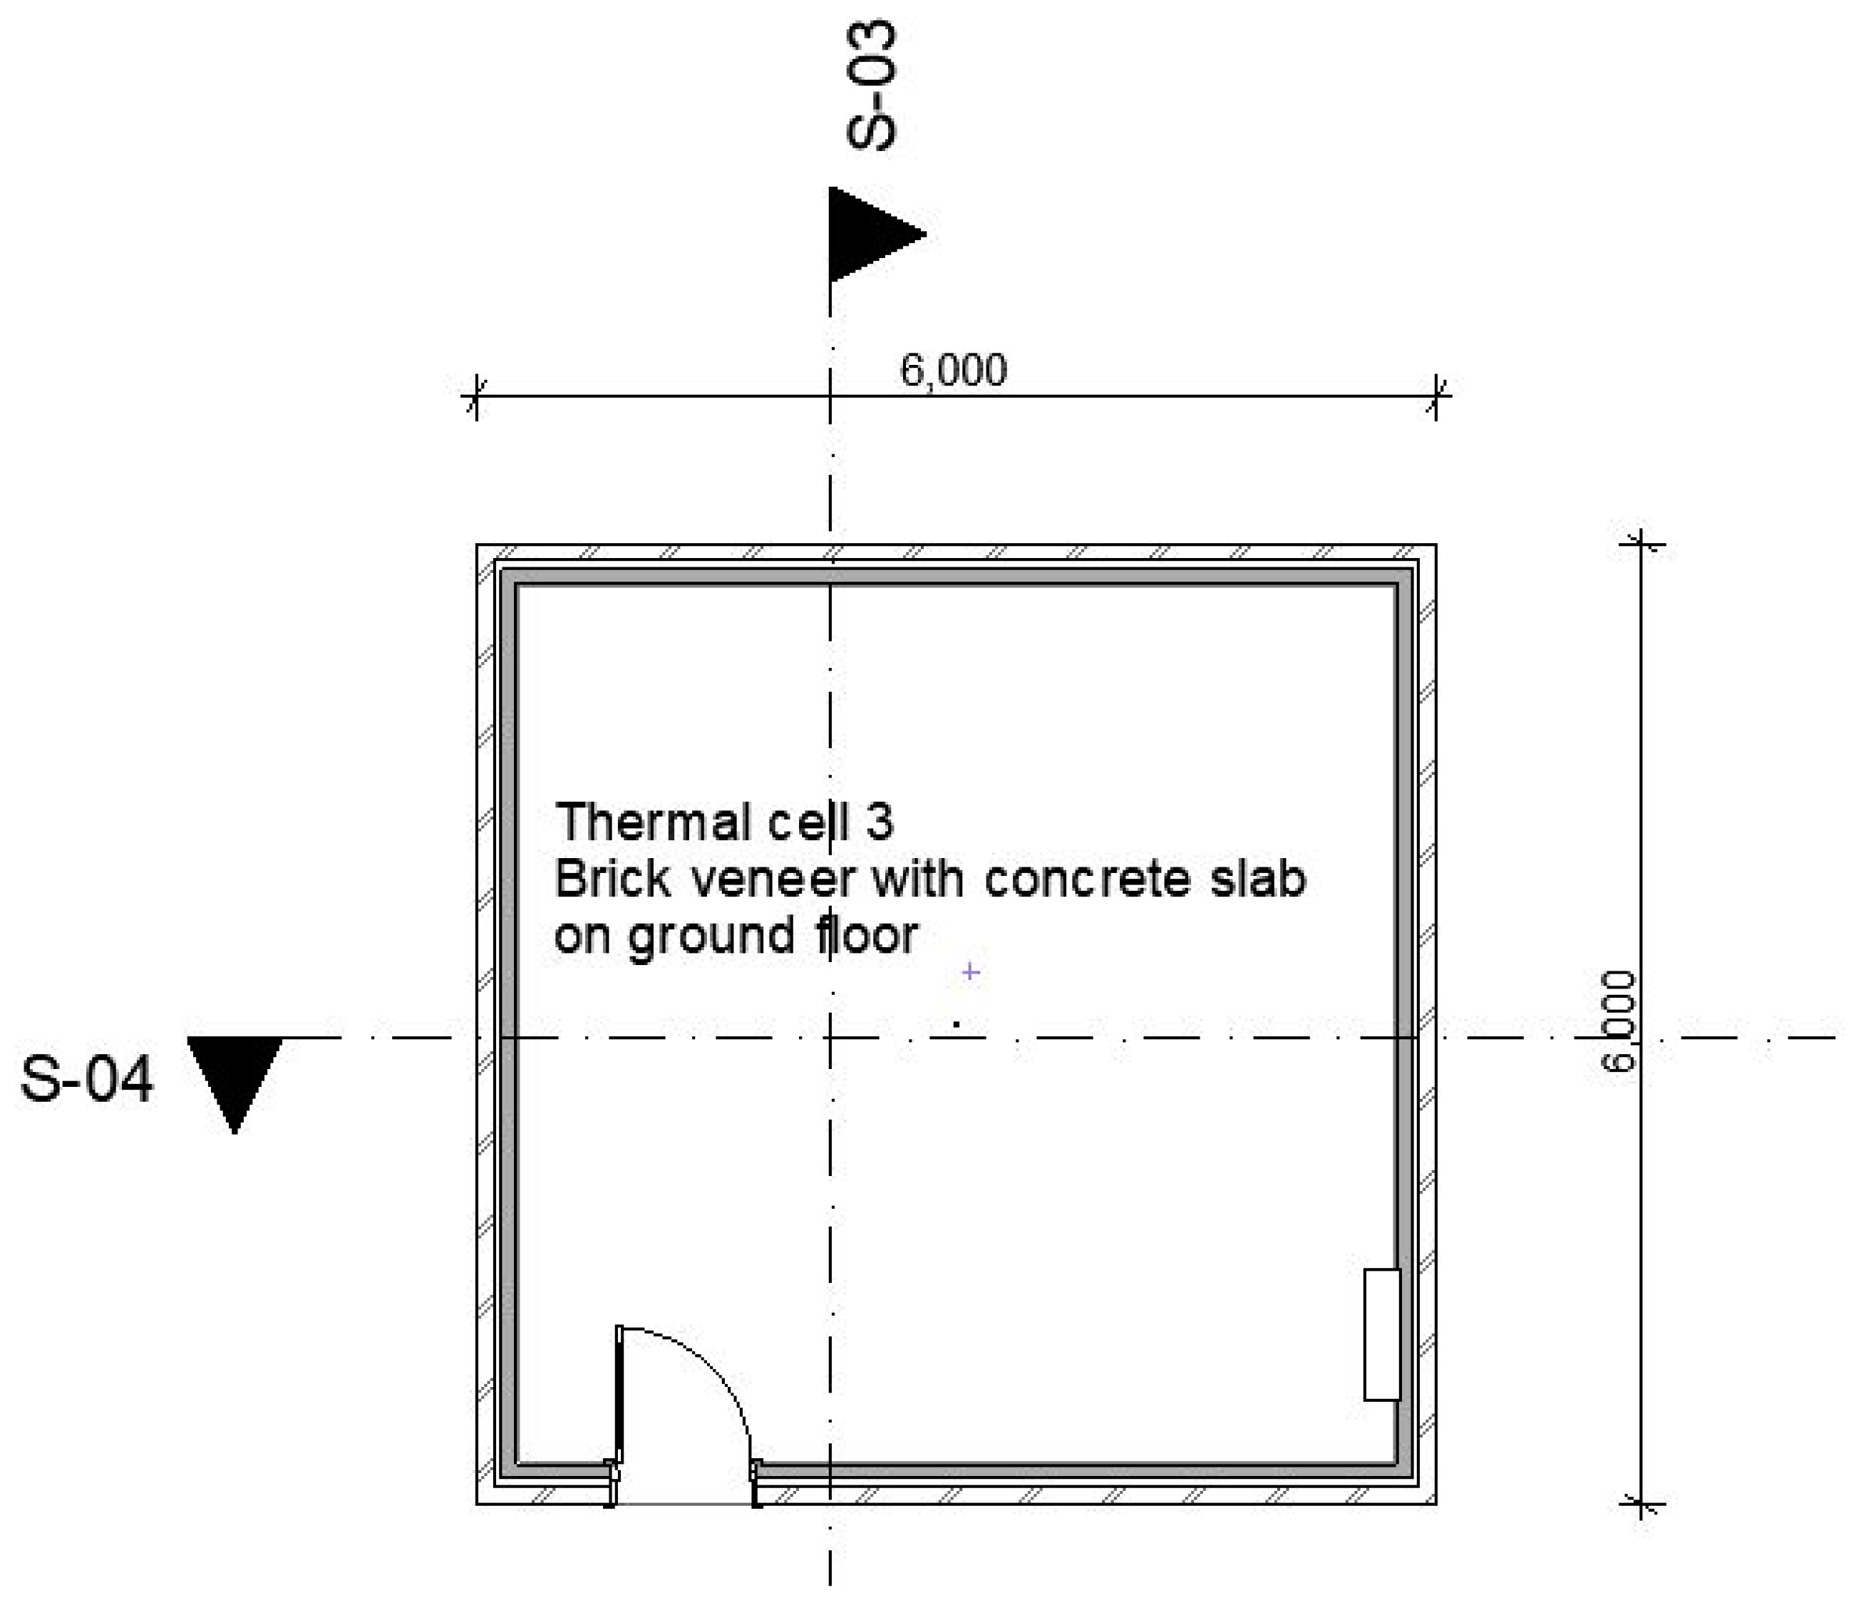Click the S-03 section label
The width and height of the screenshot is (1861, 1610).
[872, 86]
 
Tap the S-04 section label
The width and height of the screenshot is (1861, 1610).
[87, 1079]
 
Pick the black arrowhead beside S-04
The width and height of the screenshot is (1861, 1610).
[234, 1079]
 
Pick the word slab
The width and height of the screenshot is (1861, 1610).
[1258, 879]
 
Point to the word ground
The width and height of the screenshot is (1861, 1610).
[711, 937]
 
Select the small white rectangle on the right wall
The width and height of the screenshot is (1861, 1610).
[1382, 1334]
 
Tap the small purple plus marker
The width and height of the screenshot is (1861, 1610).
[971, 972]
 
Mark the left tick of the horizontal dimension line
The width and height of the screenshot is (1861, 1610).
[475, 396]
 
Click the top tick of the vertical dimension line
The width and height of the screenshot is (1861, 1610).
[1641, 545]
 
